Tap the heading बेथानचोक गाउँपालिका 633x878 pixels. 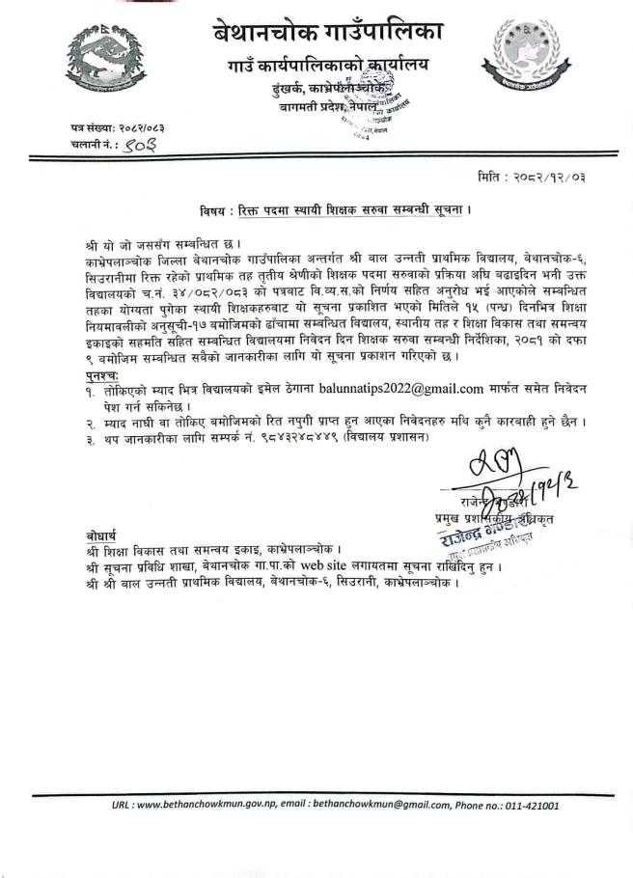coord(327,33)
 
